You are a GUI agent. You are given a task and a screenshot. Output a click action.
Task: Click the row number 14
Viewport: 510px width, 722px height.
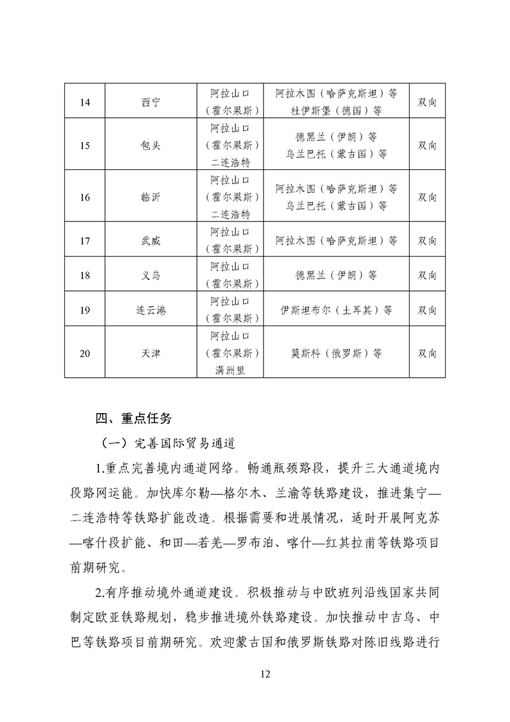tap(85, 102)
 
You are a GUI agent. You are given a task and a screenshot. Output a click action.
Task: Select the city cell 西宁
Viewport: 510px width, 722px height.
tap(150, 102)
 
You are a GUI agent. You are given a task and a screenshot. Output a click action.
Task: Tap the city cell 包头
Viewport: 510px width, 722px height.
tap(150, 145)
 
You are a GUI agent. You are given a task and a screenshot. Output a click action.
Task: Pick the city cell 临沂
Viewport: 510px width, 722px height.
tap(150, 197)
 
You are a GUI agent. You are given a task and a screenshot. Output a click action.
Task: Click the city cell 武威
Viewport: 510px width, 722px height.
tap(150, 241)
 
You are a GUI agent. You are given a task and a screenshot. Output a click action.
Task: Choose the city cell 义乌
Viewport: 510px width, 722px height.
tap(150, 275)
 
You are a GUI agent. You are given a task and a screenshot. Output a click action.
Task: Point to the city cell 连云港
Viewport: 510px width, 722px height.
tap(150, 310)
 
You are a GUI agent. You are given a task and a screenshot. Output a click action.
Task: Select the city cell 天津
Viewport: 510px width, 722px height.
tap(150, 353)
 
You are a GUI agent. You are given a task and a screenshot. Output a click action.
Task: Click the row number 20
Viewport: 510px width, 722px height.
tap(85, 353)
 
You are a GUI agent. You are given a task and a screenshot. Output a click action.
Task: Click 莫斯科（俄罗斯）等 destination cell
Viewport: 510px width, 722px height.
tap(336, 353)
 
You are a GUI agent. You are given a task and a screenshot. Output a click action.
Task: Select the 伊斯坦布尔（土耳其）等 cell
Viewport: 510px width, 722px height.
tap(336, 310)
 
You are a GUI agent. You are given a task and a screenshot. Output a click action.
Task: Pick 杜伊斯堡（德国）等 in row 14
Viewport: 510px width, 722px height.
tap(336, 111)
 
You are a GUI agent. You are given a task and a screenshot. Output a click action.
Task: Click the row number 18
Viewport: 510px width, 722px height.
tap(85, 275)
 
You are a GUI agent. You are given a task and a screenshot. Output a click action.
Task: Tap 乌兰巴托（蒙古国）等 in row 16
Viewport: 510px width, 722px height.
tap(336, 206)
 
